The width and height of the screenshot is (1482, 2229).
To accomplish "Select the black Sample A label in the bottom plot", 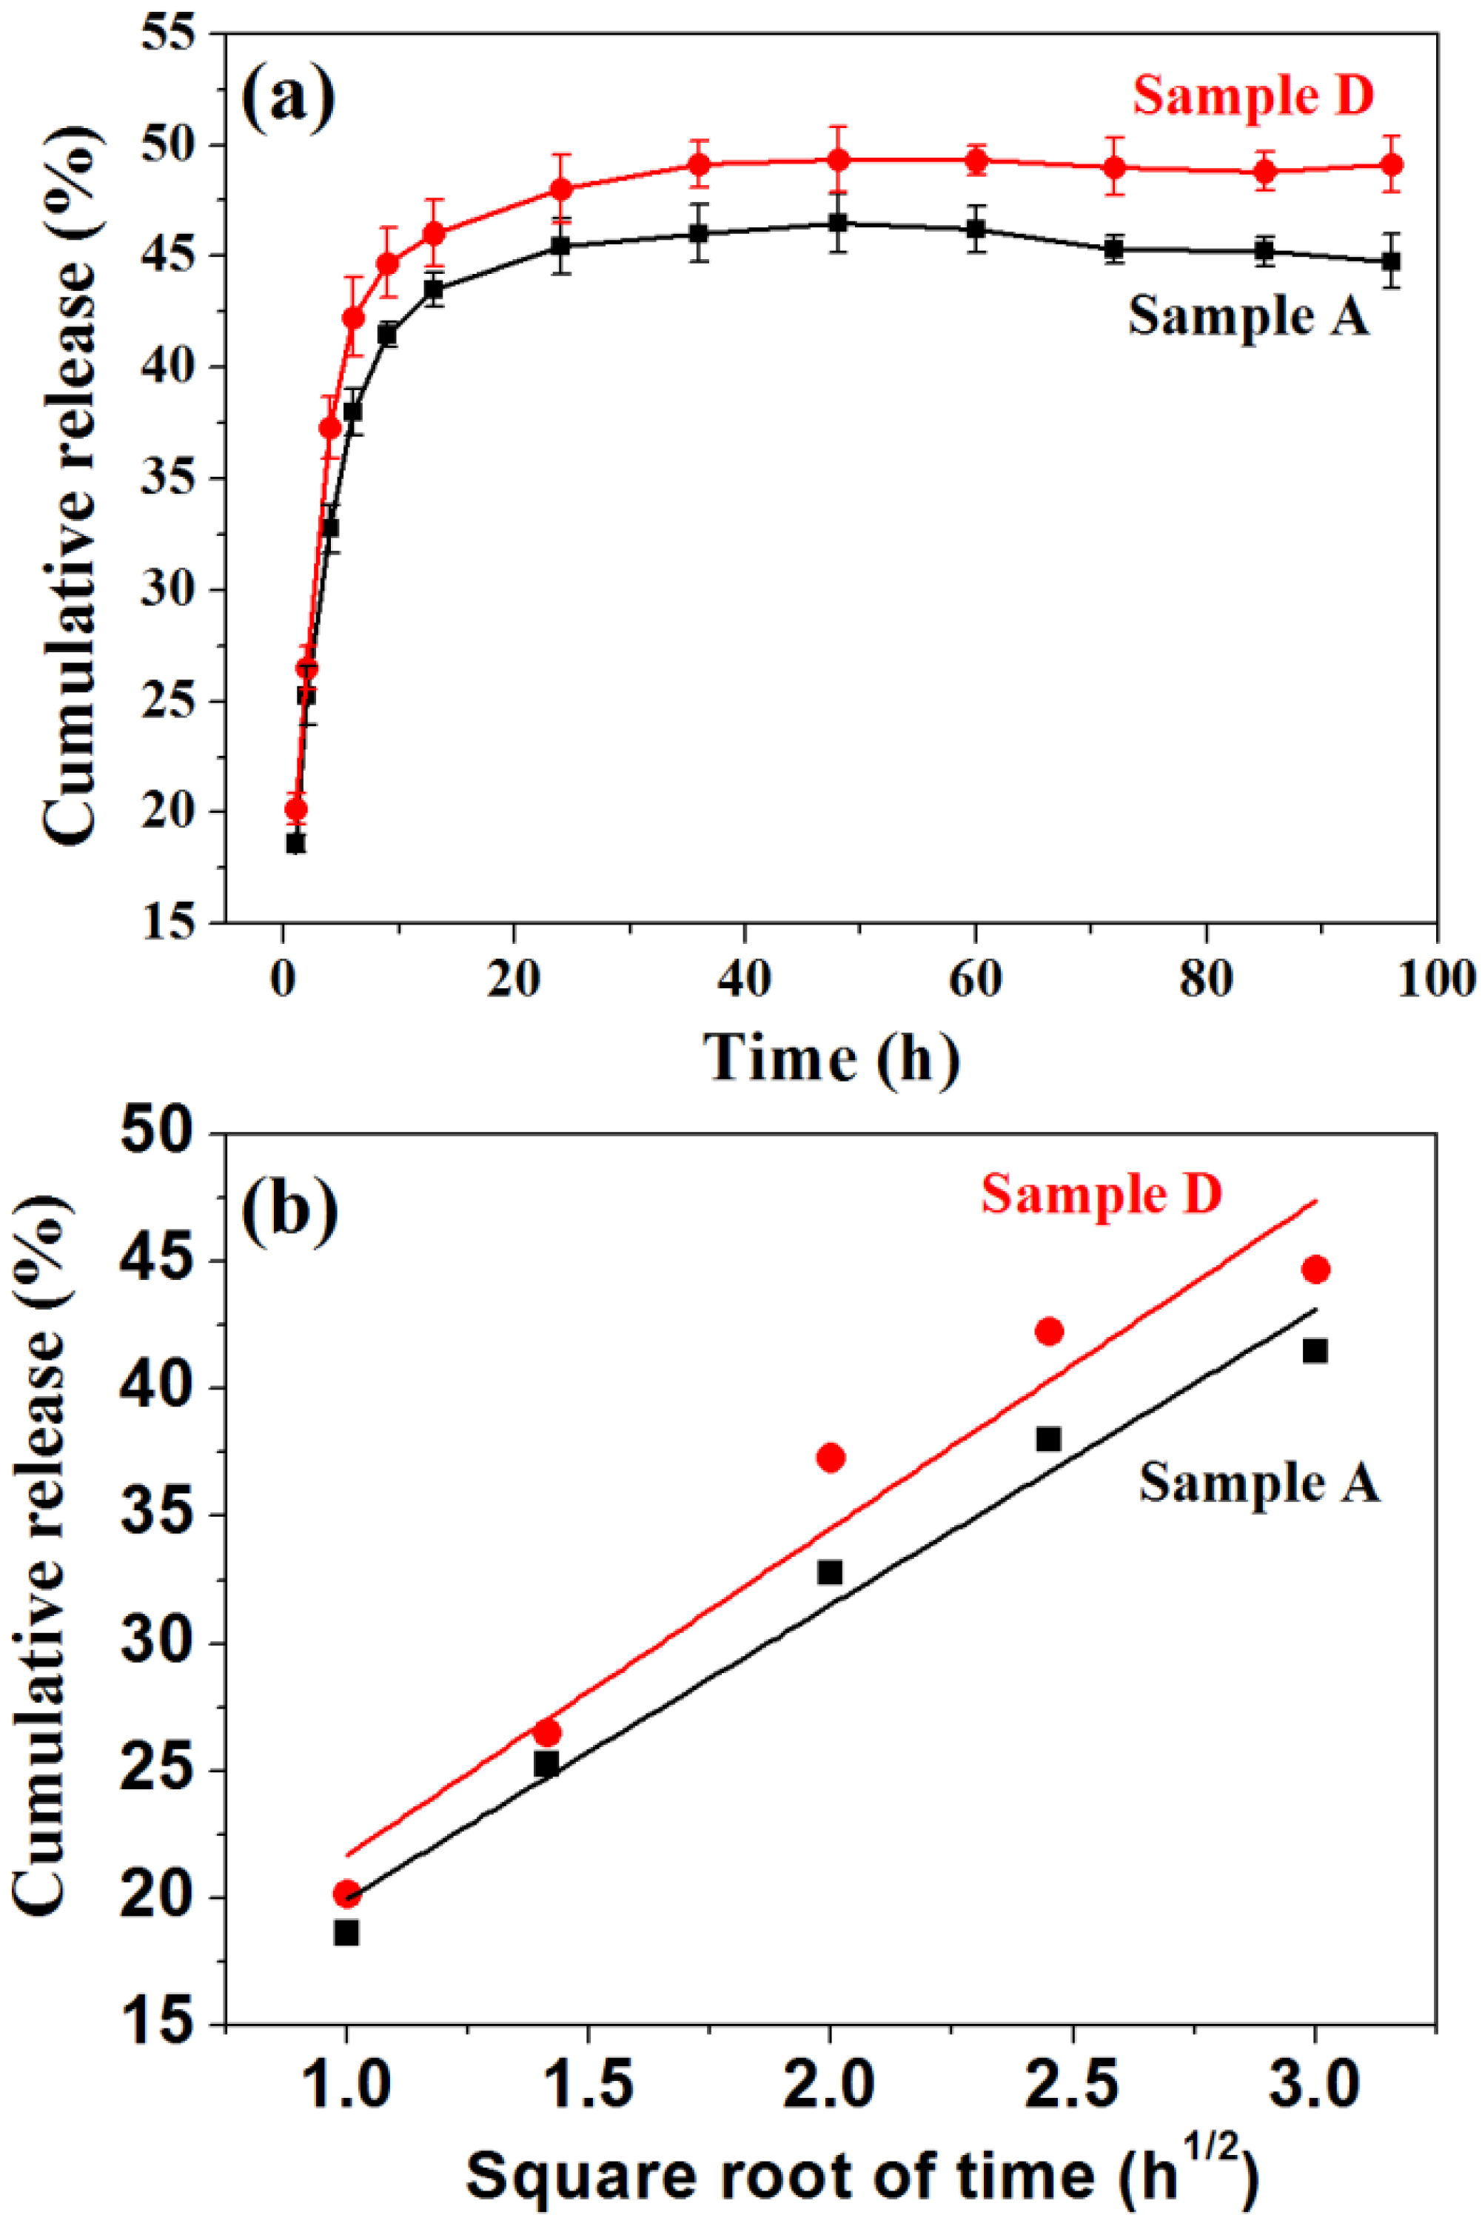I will tap(1259, 1481).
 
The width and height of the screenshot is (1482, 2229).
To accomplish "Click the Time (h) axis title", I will tap(831, 1057).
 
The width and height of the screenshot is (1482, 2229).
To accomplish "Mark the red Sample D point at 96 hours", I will tap(1391, 164).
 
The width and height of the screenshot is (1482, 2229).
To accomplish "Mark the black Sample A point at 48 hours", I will tap(837, 223).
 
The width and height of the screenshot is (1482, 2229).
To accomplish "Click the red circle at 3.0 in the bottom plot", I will tap(1315, 1269).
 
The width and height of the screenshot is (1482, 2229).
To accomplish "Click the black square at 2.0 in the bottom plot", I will tap(830, 1572).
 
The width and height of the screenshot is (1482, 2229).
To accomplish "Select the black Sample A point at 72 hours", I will tap(1114, 249).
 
